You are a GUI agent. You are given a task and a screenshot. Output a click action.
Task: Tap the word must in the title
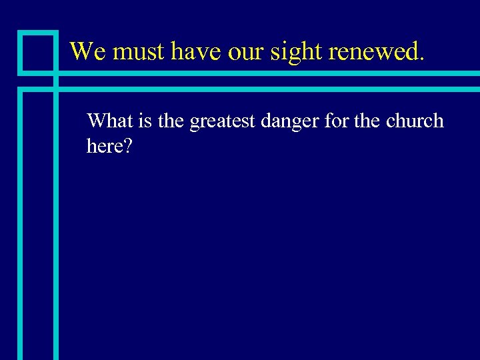point(135,51)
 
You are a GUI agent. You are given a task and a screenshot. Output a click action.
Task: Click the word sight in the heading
point(291,51)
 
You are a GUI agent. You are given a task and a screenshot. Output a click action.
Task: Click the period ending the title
point(421,59)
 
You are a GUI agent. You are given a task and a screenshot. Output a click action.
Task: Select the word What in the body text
point(110,121)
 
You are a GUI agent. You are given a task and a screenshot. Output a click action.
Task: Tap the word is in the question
point(145,121)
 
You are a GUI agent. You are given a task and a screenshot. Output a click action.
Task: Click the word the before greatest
point(171,121)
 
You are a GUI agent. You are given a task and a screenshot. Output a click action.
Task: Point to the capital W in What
point(97,121)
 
